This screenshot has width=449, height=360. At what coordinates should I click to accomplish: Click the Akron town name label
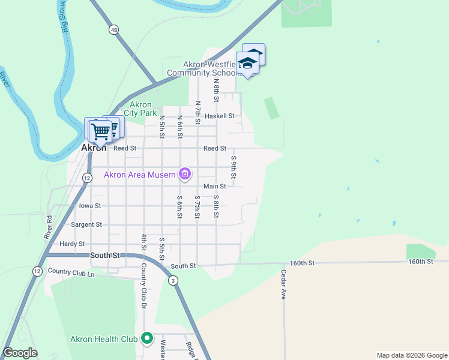coord(94,148)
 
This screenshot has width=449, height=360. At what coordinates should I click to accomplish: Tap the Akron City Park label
coord(140,109)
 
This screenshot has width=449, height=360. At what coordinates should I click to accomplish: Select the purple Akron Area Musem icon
coord(185,175)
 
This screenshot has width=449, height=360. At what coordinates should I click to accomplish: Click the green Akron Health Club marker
coord(146,339)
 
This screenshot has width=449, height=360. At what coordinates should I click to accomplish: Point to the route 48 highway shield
coord(113,29)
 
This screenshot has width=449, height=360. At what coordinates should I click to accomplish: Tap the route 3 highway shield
coord(173,280)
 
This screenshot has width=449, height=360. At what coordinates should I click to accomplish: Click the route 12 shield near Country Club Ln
coord(37,271)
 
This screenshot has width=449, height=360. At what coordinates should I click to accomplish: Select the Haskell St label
coord(219,116)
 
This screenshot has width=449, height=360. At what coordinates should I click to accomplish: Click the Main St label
coord(214,187)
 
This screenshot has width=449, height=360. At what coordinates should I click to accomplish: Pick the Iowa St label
coord(90,205)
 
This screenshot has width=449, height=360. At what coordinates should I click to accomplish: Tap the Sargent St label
coord(86,224)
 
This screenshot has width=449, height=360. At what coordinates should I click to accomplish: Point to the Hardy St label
coord(72,244)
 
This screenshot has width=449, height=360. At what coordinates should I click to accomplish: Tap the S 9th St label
coord(234,167)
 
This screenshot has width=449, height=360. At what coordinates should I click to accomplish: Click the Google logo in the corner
coord(20,353)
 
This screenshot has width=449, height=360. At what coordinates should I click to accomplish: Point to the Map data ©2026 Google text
coord(411,355)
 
